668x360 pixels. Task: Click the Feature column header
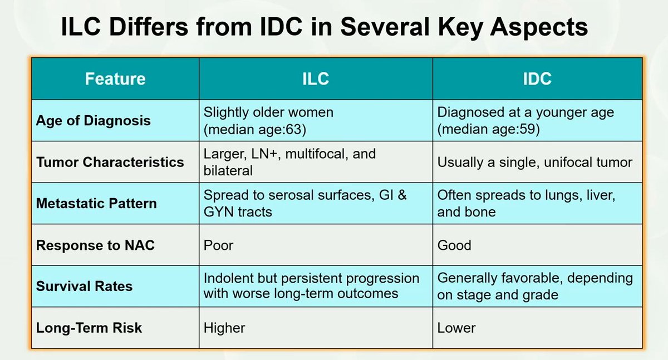point(115,79)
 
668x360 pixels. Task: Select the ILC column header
point(315,79)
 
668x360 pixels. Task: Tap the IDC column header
point(537,79)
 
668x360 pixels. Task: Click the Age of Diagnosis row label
point(93,121)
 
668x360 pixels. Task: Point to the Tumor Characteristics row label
point(110,162)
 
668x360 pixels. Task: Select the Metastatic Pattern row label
point(96,203)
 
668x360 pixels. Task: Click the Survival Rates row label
point(84,287)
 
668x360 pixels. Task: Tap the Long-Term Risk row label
point(89,328)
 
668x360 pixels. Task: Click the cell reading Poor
point(218,245)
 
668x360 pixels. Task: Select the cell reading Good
point(454,245)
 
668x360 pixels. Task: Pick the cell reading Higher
point(224,328)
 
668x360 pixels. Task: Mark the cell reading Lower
point(456,328)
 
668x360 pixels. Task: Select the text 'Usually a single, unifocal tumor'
point(535,162)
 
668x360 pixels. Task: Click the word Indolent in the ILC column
point(229,278)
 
